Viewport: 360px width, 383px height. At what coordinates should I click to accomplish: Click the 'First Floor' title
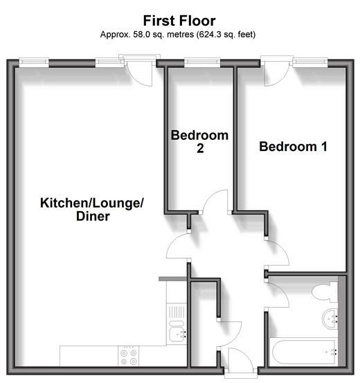click(179, 21)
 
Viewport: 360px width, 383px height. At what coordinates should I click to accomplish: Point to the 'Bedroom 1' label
click(293, 147)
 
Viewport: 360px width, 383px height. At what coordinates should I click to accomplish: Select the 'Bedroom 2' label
click(199, 142)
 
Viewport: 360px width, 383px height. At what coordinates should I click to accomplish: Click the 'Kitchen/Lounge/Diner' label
click(92, 210)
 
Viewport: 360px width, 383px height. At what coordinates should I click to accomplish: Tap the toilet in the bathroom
click(325, 292)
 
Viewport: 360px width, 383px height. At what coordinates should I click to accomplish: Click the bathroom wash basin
click(330, 319)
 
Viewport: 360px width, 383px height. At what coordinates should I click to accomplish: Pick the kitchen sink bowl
click(177, 335)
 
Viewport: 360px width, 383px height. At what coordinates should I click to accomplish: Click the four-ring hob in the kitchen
click(129, 356)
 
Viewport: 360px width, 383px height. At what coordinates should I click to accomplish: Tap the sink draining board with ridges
click(177, 312)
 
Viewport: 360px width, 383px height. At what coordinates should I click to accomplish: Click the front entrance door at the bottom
click(240, 359)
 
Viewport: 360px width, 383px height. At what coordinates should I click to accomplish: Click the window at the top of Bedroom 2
click(202, 62)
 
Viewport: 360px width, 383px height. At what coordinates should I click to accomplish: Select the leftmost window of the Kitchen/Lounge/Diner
click(34, 62)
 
